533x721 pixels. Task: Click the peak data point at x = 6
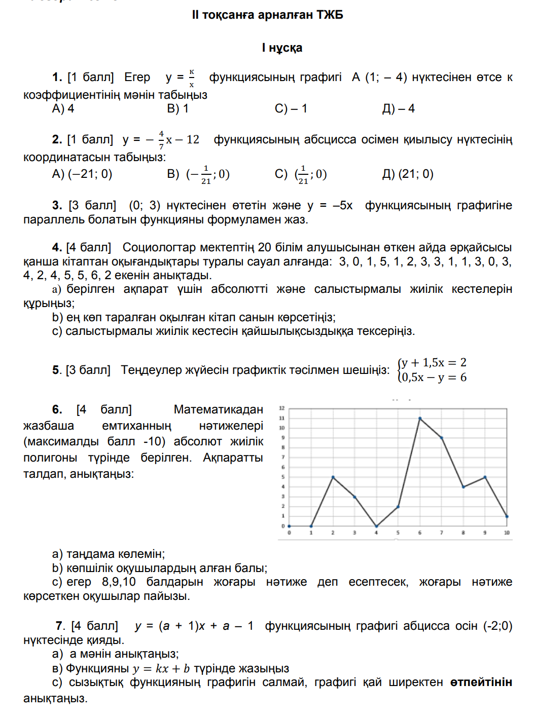pyautogui.click(x=420, y=419)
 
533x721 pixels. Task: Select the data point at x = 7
pyautogui.click(x=442, y=438)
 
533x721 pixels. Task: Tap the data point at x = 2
pyautogui.click(x=333, y=477)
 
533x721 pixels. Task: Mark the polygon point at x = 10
pyautogui.click(x=507, y=516)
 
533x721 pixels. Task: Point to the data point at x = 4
pyautogui.click(x=376, y=526)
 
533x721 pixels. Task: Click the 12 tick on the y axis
pyautogui.click(x=282, y=408)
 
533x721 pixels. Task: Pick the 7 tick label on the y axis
pyautogui.click(x=283, y=458)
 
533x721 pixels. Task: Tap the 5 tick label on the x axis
pyautogui.click(x=398, y=533)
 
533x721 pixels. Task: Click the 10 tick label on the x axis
pyautogui.click(x=507, y=533)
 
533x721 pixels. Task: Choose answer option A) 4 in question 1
pyautogui.click(x=63, y=109)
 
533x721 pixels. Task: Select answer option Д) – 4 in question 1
pyautogui.click(x=398, y=109)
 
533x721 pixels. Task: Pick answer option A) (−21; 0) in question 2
pyautogui.click(x=82, y=174)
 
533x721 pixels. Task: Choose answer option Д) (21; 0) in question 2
pyautogui.click(x=408, y=174)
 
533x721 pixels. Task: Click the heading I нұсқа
pyautogui.click(x=282, y=48)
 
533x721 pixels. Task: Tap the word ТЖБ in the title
pyautogui.click(x=330, y=15)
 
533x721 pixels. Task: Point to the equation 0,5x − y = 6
pyautogui.click(x=434, y=377)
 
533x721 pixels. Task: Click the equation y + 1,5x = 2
pyautogui.click(x=434, y=363)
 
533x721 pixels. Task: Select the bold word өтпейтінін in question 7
pyautogui.click(x=481, y=682)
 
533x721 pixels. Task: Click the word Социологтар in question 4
pyautogui.click(x=159, y=248)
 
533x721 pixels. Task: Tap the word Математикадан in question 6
pyautogui.click(x=218, y=409)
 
